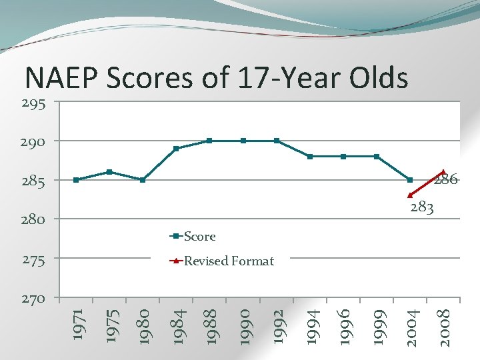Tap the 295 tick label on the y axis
[x=33, y=103]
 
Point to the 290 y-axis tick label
[x=33, y=142]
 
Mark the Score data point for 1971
[x=76, y=180]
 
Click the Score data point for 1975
[x=109, y=172]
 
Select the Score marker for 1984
[x=176, y=149]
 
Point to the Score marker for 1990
[x=243, y=141]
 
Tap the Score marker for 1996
[x=343, y=157]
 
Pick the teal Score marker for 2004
[x=410, y=180]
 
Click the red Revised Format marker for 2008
[x=443, y=172]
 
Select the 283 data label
[x=422, y=208]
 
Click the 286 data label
[x=446, y=179]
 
